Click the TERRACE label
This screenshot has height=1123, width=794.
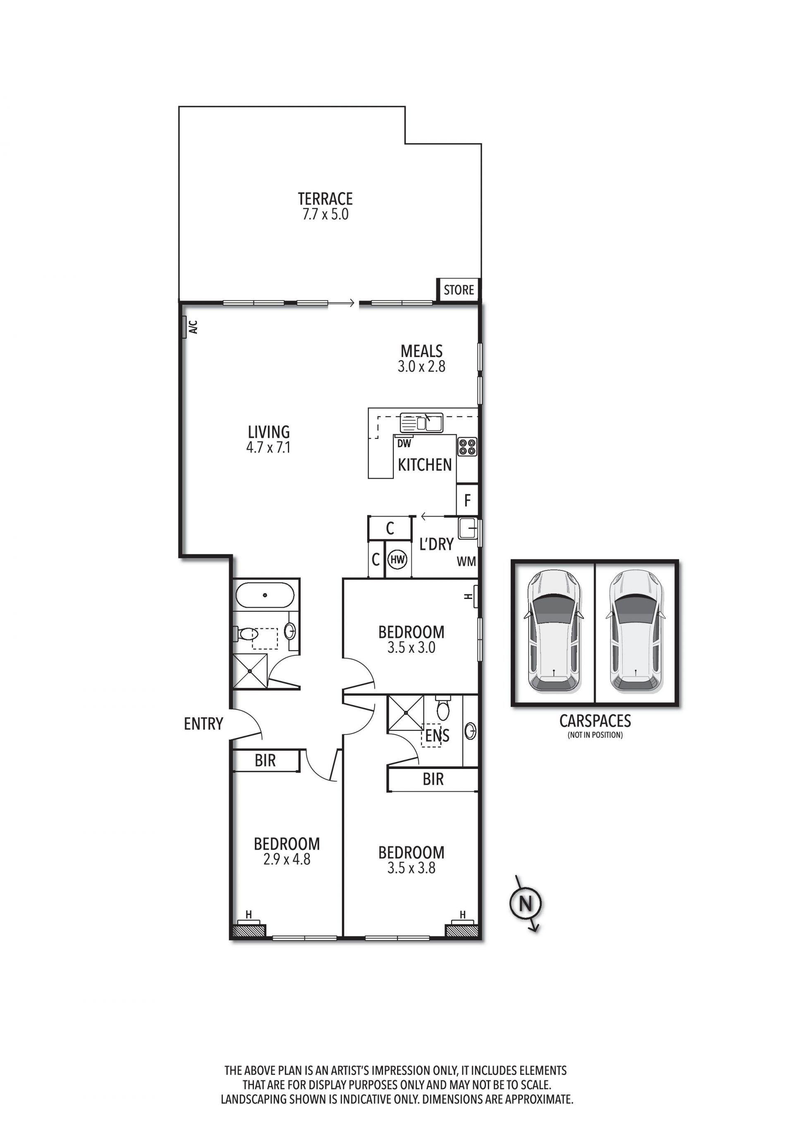coord(325,199)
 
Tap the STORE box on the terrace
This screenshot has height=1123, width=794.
coord(459,290)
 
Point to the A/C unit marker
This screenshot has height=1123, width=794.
coord(184,327)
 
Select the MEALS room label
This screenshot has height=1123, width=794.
coord(421,351)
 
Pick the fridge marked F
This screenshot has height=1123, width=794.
coord(467,500)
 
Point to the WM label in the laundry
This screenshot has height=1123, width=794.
coord(466,562)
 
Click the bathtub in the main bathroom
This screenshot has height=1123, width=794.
coord(265,595)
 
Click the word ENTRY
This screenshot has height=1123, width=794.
coord(203,723)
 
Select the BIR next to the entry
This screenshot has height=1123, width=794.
coord(265,760)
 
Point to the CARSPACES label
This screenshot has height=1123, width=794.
coord(595,721)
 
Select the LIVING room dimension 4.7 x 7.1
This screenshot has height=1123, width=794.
coord(268,447)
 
